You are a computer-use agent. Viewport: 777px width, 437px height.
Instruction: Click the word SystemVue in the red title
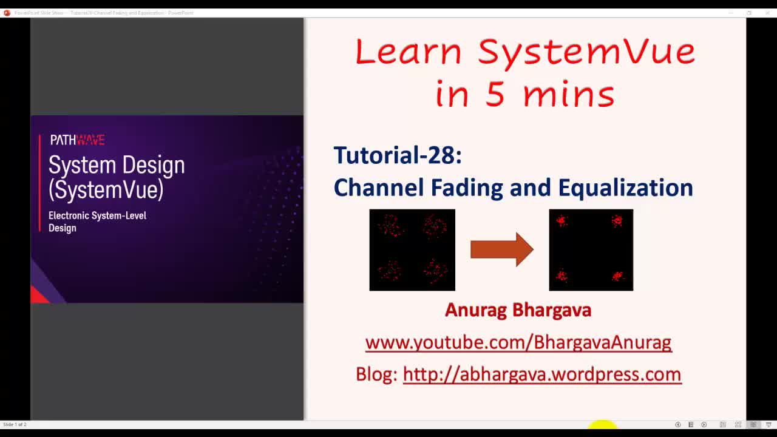[586, 52]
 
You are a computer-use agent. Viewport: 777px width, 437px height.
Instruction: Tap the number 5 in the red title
[495, 95]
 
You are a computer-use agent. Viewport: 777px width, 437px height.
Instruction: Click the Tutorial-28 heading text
[398, 155]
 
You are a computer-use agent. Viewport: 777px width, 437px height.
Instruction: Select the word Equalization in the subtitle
[625, 188]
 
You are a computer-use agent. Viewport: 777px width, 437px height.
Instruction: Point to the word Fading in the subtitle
[467, 188]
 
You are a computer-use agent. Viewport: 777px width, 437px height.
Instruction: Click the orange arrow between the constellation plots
[501, 249]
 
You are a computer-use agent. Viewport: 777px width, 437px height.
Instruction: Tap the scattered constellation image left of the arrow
[412, 250]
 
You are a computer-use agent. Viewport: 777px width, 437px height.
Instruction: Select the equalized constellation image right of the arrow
[591, 250]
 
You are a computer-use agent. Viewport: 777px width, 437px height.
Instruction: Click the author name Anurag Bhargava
[518, 310]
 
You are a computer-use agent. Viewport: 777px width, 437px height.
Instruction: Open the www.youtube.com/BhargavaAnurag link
[518, 342]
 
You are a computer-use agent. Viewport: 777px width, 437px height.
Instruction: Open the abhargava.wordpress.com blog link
[541, 374]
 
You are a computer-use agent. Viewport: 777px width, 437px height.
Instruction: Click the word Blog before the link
[376, 374]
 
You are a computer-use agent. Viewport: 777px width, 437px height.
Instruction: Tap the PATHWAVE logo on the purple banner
[77, 140]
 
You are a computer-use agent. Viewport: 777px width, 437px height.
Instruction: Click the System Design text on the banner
[117, 165]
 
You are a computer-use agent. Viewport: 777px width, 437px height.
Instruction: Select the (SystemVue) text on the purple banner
[106, 190]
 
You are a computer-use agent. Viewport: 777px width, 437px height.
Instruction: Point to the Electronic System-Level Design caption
[97, 222]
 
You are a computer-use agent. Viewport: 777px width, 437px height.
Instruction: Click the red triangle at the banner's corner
[38, 296]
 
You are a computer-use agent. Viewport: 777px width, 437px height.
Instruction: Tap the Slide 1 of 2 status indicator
[15, 424]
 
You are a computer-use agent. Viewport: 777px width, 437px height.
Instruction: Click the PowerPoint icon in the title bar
[7, 13]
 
